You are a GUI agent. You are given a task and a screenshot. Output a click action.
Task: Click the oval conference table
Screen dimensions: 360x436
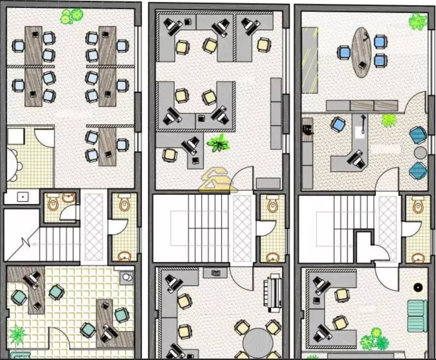click(x=361, y=53)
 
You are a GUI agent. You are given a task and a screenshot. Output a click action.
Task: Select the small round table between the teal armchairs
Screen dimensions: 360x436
click(x=420, y=153)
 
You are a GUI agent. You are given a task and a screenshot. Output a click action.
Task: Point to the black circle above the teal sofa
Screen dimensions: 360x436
click(x=418, y=287)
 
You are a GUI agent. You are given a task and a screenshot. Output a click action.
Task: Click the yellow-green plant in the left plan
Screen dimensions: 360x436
click(x=72, y=16)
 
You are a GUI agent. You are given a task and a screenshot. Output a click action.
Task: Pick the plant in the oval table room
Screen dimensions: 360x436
click(x=418, y=21)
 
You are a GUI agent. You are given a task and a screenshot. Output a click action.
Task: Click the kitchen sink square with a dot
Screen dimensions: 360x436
click(x=22, y=197)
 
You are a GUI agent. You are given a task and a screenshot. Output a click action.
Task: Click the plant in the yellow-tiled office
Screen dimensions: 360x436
click(x=17, y=335)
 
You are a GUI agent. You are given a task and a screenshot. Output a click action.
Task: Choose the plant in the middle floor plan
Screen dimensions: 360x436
click(x=219, y=143)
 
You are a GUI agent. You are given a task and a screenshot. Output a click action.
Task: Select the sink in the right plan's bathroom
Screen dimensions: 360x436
click(x=418, y=258)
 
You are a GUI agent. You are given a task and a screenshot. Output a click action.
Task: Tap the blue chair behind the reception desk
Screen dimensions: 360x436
click(x=338, y=124)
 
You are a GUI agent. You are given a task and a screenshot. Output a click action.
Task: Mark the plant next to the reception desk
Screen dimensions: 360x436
click(x=389, y=120)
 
